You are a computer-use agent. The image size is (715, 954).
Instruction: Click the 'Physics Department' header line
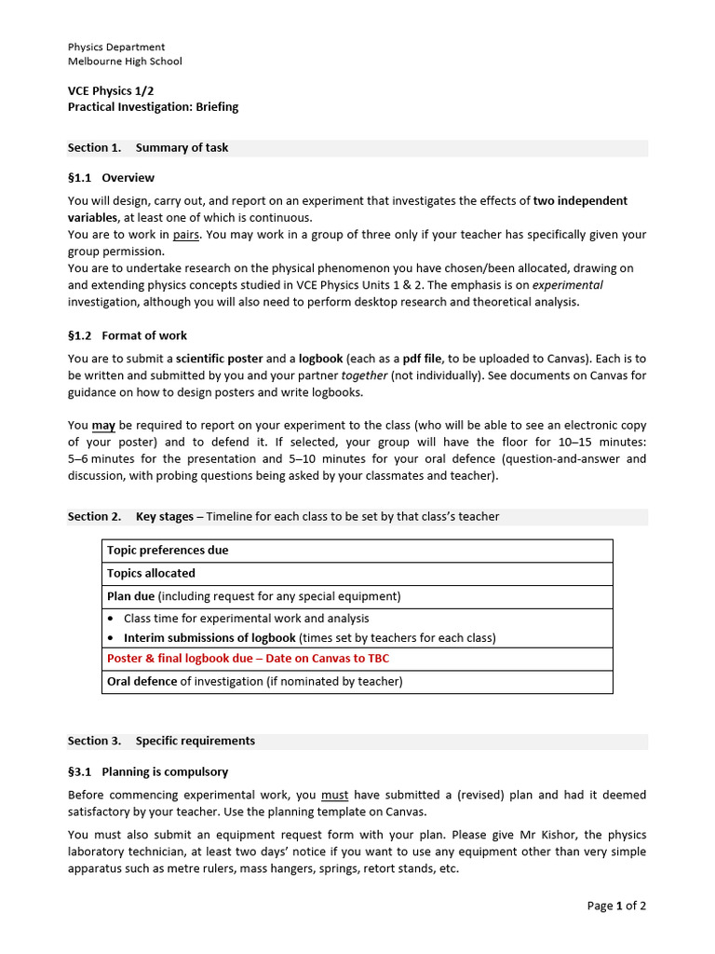click(x=116, y=47)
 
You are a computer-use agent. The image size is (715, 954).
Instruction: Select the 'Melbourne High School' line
click(x=125, y=61)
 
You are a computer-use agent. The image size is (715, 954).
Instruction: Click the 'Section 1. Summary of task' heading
click(x=148, y=147)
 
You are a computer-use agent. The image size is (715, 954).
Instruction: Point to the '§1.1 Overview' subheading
click(x=111, y=177)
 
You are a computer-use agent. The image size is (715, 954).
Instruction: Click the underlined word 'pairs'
click(x=187, y=235)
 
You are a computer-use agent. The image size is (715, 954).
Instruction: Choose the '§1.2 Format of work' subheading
click(x=127, y=335)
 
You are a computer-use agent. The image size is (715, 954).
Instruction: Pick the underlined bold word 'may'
click(x=103, y=426)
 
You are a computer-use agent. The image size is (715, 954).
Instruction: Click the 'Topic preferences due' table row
click(x=168, y=551)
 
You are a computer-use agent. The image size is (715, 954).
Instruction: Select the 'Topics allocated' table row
click(x=151, y=574)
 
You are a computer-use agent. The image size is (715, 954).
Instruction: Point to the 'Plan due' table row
click(x=130, y=596)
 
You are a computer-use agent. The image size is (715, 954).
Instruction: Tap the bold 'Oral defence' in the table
click(x=142, y=681)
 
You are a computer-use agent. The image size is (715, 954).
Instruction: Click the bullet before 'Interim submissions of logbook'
click(x=112, y=638)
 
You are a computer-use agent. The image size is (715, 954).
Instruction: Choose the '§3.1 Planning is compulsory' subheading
click(x=147, y=771)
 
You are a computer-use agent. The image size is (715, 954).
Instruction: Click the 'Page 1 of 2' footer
click(x=616, y=906)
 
